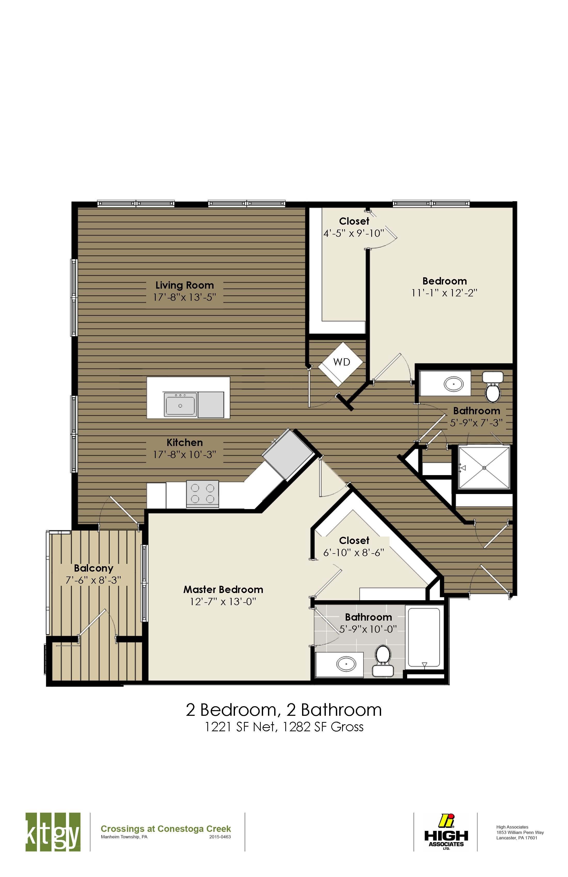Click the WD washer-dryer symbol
(x=341, y=363)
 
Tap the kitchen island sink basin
(x=180, y=405)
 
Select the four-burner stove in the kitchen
(x=202, y=494)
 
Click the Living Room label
(x=184, y=285)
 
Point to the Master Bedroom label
(x=223, y=590)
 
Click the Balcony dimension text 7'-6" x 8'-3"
(x=93, y=580)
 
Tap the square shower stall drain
(x=484, y=468)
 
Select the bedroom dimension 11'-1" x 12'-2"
(x=444, y=293)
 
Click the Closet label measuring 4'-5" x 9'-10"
(x=354, y=221)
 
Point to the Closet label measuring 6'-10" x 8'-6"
(x=354, y=541)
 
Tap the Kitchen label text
(x=184, y=443)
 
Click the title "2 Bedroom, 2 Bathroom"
(x=284, y=710)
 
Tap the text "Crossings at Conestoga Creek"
(x=166, y=829)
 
